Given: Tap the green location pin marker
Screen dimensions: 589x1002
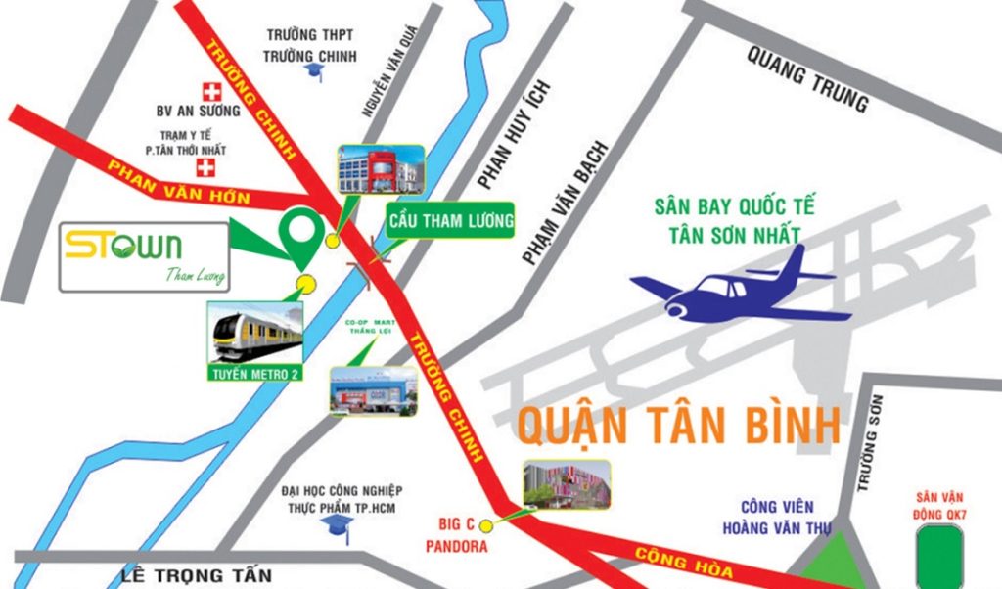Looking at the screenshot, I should coord(300,235).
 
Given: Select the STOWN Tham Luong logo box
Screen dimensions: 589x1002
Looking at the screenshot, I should coord(145,256).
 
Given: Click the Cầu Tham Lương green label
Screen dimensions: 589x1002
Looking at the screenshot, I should coord(449,222).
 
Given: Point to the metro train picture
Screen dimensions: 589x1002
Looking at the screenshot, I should coord(255,332).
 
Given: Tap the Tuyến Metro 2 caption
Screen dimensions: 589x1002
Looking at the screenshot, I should coord(255,373).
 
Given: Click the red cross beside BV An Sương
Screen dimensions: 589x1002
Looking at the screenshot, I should coord(208,90).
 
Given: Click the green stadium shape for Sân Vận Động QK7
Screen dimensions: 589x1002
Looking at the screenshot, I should coord(938,555).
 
